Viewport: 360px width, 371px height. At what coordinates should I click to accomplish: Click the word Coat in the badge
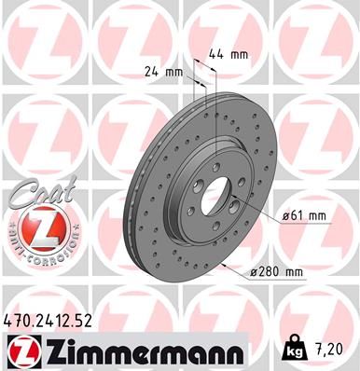point(37,197)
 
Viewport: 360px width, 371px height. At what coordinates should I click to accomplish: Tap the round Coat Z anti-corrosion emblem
point(35,227)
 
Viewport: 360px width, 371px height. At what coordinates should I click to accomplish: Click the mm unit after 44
point(241,54)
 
